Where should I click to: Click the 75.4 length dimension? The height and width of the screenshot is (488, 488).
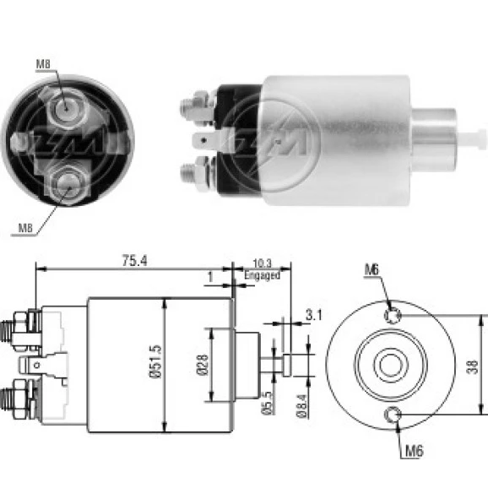(x=134, y=261)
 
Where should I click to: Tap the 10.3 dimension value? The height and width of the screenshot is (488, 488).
(x=262, y=263)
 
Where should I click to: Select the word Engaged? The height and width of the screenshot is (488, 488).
(x=262, y=275)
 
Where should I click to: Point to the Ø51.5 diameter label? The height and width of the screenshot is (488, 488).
(x=155, y=361)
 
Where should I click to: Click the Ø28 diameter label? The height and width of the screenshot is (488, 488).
(x=203, y=365)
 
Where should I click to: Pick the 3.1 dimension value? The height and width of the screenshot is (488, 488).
(x=314, y=315)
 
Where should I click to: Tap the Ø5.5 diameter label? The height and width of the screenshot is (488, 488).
(x=268, y=404)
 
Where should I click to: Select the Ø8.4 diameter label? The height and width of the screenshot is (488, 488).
(x=301, y=405)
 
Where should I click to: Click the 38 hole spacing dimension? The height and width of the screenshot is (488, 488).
(x=472, y=366)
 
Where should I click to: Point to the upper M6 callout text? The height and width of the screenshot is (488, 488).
(x=372, y=269)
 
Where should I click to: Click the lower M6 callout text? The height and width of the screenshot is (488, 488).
(x=415, y=451)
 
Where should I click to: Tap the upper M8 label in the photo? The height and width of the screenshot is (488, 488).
(x=43, y=64)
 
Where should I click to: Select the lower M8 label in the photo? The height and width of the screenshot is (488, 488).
(x=25, y=228)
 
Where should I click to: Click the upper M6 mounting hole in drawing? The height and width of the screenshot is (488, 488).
(x=392, y=316)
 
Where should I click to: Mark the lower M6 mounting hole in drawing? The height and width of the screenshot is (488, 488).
(x=393, y=415)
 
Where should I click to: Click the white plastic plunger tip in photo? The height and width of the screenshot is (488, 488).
(x=471, y=138)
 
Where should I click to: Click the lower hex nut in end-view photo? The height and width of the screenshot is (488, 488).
(x=68, y=184)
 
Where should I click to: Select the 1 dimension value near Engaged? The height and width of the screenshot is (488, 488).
(x=210, y=276)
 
